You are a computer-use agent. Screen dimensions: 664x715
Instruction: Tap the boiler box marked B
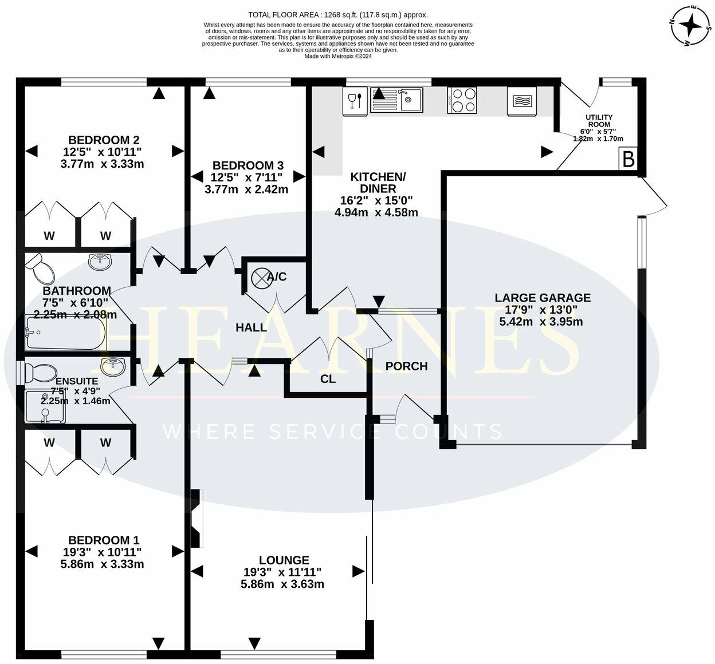[628, 159]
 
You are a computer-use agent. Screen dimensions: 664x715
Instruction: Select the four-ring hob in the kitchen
[462, 100]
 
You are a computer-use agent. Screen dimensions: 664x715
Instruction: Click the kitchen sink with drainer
[396, 100]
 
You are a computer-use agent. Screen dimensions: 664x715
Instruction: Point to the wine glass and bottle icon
[355, 101]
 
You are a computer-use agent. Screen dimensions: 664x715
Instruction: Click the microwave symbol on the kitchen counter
[522, 101]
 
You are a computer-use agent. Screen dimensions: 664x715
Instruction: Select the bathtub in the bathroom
[64, 333]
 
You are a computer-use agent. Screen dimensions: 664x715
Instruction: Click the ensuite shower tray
[45, 406]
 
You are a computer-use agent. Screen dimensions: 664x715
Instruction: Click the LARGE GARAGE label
[542, 298]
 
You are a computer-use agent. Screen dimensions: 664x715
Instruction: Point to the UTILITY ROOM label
[599, 120]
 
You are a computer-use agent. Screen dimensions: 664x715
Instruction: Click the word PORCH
[406, 366]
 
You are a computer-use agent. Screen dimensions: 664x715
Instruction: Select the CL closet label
[328, 379]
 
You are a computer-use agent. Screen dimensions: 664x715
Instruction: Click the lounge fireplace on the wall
[197, 519]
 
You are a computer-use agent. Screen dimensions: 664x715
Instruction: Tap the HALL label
[252, 327]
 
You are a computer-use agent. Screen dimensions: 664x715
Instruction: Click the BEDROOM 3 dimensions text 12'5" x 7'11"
[246, 177]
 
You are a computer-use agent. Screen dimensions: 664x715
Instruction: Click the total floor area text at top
[337, 15]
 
